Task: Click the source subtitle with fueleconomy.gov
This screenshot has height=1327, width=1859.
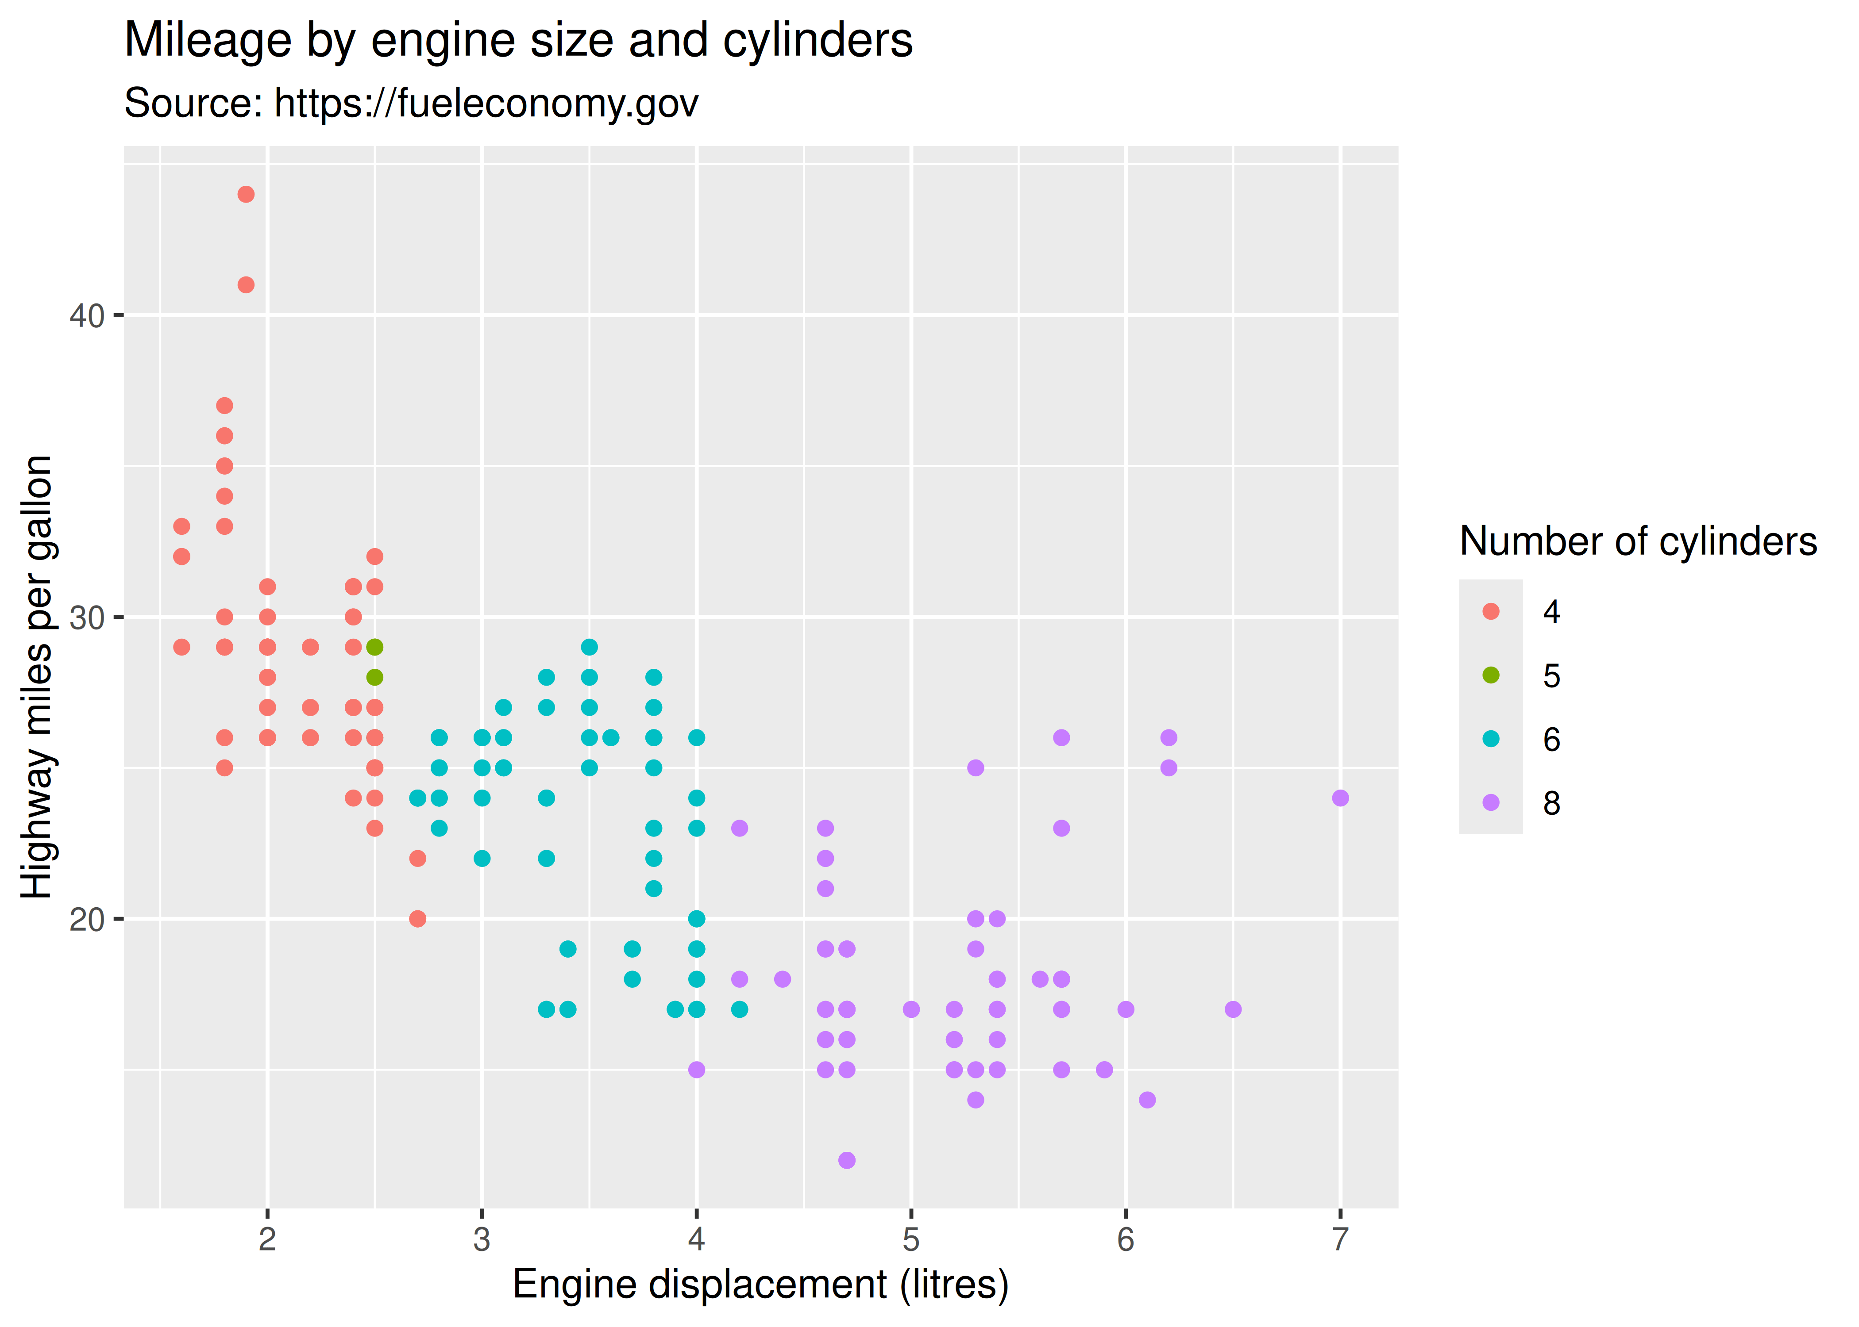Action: pyautogui.click(x=411, y=104)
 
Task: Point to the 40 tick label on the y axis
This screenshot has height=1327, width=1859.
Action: pyautogui.click(x=87, y=315)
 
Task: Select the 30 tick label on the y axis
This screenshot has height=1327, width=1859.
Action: pyautogui.click(x=87, y=618)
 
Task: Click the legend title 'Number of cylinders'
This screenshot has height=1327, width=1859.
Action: pyautogui.click(x=1637, y=542)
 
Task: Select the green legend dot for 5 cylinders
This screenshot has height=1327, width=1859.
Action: pyautogui.click(x=1490, y=675)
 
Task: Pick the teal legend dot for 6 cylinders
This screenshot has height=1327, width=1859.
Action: pyautogui.click(x=1490, y=739)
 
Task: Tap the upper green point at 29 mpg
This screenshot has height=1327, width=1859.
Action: pyautogui.click(x=374, y=647)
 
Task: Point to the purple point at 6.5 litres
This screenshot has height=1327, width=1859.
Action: pyautogui.click(x=1233, y=1009)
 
